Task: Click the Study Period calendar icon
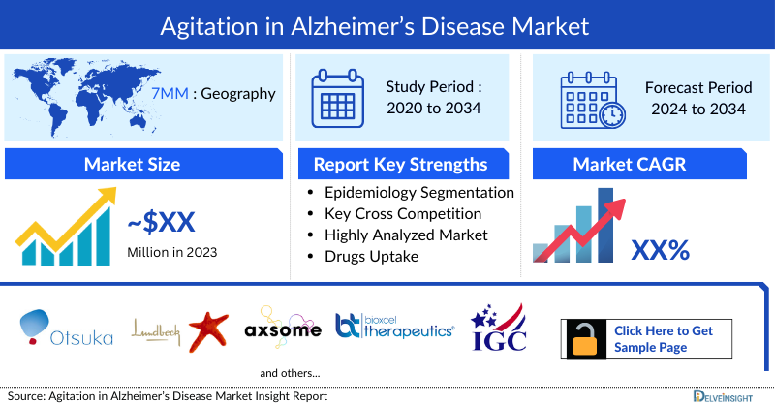click(x=338, y=97)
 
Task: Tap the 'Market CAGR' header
click(x=643, y=163)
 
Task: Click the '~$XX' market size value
click(x=161, y=223)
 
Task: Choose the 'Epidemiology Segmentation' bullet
click(x=418, y=192)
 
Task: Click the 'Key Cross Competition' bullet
click(x=403, y=213)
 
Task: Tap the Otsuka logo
click(x=66, y=328)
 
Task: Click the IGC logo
click(x=498, y=329)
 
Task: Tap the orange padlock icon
click(x=585, y=338)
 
